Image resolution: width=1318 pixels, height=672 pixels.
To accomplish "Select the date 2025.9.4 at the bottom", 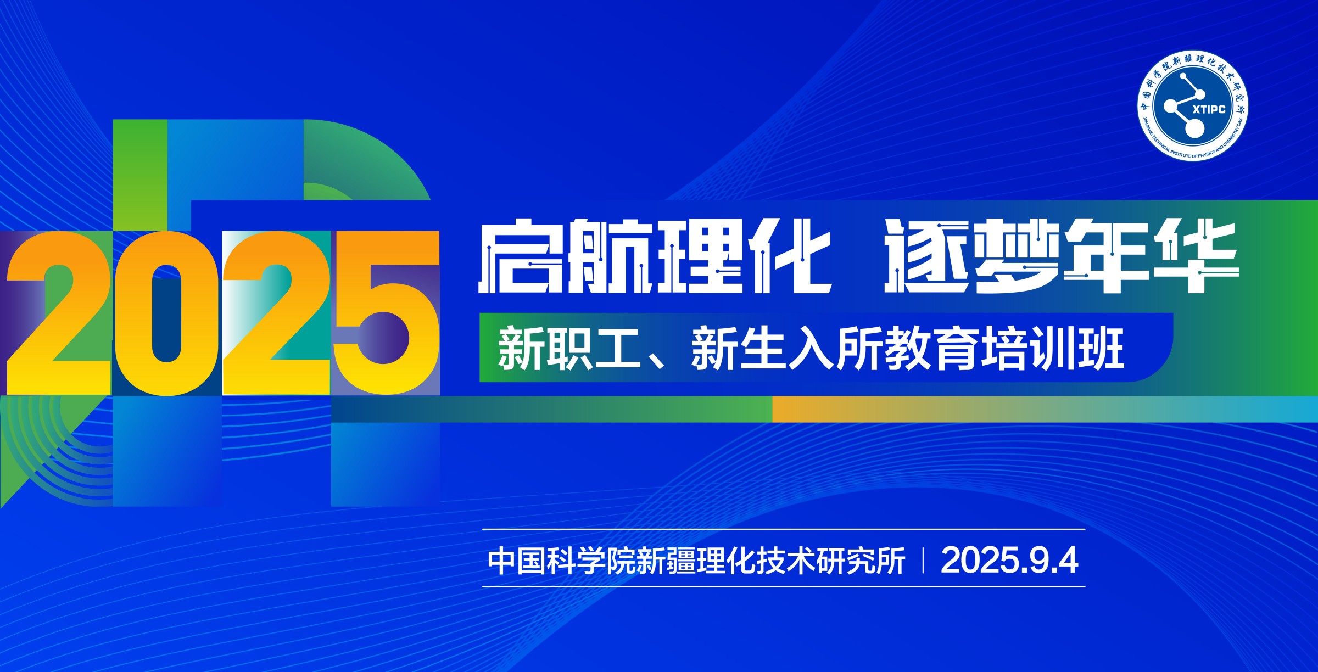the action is [1009, 561].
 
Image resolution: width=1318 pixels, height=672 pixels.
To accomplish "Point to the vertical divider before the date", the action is [923, 561].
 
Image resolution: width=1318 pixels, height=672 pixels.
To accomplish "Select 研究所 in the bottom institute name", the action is [861, 561].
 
